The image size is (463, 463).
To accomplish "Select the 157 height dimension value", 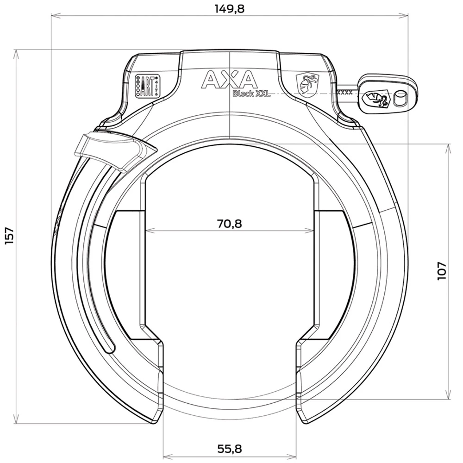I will click(10, 236).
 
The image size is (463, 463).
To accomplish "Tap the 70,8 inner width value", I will click(230, 224).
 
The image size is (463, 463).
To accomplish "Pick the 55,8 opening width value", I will click(230, 448).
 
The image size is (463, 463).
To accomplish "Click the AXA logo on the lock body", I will click(229, 80).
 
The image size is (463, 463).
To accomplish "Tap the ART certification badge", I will click(146, 86).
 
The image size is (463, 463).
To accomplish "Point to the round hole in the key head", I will click(399, 98).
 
